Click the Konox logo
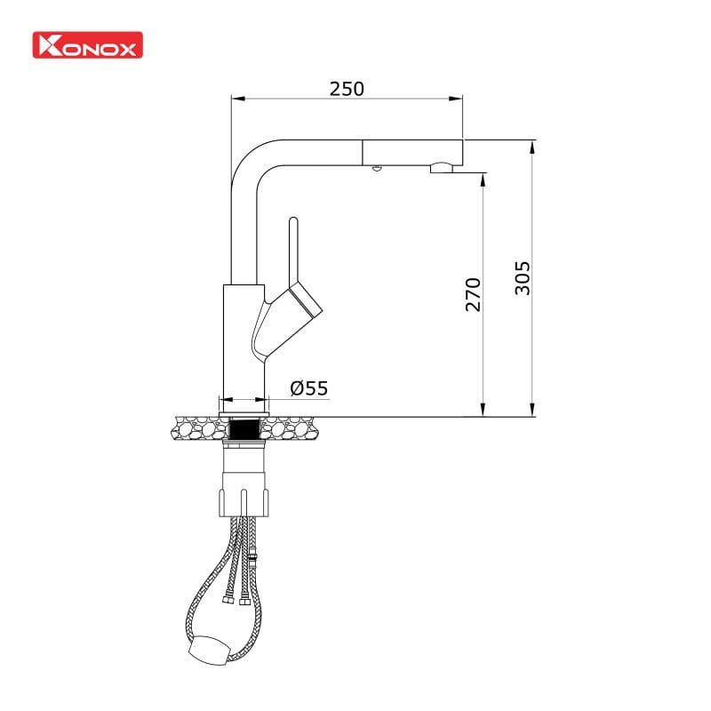point(87,46)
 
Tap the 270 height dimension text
point(473,293)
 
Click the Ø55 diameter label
point(308,387)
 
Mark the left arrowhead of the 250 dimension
point(236,97)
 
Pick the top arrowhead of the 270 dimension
point(482,178)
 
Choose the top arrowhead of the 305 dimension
point(531,145)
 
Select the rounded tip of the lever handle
point(294,221)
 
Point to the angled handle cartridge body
point(298,302)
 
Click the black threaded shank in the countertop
point(243,429)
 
